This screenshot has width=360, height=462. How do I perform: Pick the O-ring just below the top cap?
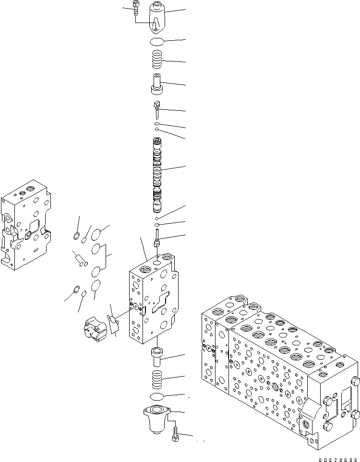(158, 41)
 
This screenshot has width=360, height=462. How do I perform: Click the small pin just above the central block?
(156, 238)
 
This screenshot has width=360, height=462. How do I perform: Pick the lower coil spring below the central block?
(158, 379)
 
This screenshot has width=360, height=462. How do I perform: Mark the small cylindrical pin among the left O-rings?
(80, 259)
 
